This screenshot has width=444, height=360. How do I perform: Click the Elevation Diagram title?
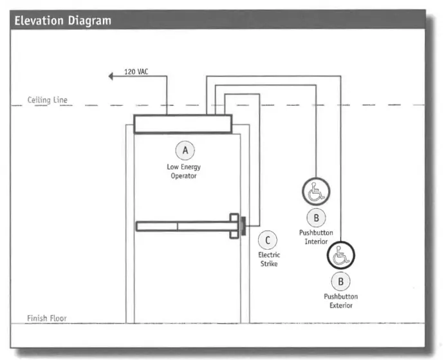[x=62, y=21]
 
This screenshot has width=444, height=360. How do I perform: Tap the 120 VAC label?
[x=136, y=71]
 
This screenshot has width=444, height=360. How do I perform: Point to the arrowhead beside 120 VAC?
[x=111, y=76]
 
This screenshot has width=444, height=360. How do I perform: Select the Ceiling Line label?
[x=47, y=100]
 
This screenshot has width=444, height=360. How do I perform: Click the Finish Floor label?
[x=46, y=318]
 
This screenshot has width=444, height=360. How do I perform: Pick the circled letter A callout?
[x=185, y=150]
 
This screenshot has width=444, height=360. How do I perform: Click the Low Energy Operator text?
[x=183, y=171]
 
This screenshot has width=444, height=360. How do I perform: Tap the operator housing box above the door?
[x=182, y=124]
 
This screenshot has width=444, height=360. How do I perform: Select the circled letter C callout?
[x=268, y=240]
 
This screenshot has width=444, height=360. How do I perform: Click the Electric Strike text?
[x=269, y=259]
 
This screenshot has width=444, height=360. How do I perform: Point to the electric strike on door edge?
[x=244, y=226]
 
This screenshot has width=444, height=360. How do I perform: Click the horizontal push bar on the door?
[x=183, y=226]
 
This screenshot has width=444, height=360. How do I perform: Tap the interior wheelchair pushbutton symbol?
[x=316, y=191]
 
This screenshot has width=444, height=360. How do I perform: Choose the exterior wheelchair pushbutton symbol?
[x=340, y=256]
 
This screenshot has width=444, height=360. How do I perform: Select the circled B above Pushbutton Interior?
[x=316, y=217]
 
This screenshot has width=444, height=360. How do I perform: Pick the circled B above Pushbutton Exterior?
[x=340, y=281]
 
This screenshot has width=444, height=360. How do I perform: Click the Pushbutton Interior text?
[x=316, y=236]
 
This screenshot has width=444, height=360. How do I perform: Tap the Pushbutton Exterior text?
[x=340, y=301]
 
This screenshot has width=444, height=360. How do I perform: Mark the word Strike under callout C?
[x=269, y=263]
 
